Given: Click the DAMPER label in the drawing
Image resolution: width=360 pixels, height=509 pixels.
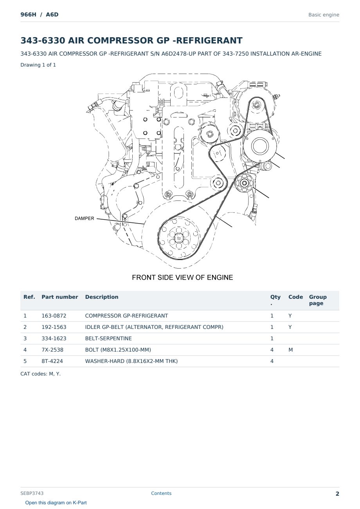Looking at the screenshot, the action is pos(84,218).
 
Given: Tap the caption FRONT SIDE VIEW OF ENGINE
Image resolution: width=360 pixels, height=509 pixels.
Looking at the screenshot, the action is pos(182,278).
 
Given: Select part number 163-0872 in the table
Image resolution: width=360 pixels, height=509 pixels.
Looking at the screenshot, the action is pos(54,316).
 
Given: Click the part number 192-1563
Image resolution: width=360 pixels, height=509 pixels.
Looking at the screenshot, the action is pos(54,327).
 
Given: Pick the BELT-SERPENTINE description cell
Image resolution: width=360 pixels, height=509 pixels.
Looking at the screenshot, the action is pos(108,338).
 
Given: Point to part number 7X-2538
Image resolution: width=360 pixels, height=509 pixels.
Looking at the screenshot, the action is pos(52,350).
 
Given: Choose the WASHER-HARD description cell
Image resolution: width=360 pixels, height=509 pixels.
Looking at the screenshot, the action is pos(131,361).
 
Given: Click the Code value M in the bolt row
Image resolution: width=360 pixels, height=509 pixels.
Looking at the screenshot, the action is pos(290,350).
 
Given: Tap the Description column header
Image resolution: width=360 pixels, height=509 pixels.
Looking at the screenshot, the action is pos(102,297).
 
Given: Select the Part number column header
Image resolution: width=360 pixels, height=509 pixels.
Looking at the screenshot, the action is pos(60,297).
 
